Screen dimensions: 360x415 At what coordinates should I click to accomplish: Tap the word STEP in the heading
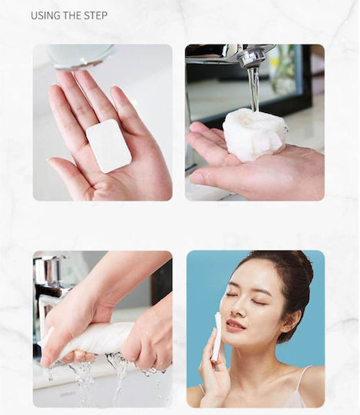95,15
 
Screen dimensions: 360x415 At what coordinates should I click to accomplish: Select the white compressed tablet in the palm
108,145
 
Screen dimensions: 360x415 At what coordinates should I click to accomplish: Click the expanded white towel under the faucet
255,135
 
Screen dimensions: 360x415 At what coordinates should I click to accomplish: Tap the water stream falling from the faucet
254,88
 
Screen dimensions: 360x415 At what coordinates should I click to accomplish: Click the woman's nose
237,307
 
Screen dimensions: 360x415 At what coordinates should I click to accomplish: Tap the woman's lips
235,326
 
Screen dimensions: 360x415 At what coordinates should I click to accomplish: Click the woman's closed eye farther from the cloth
256,302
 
